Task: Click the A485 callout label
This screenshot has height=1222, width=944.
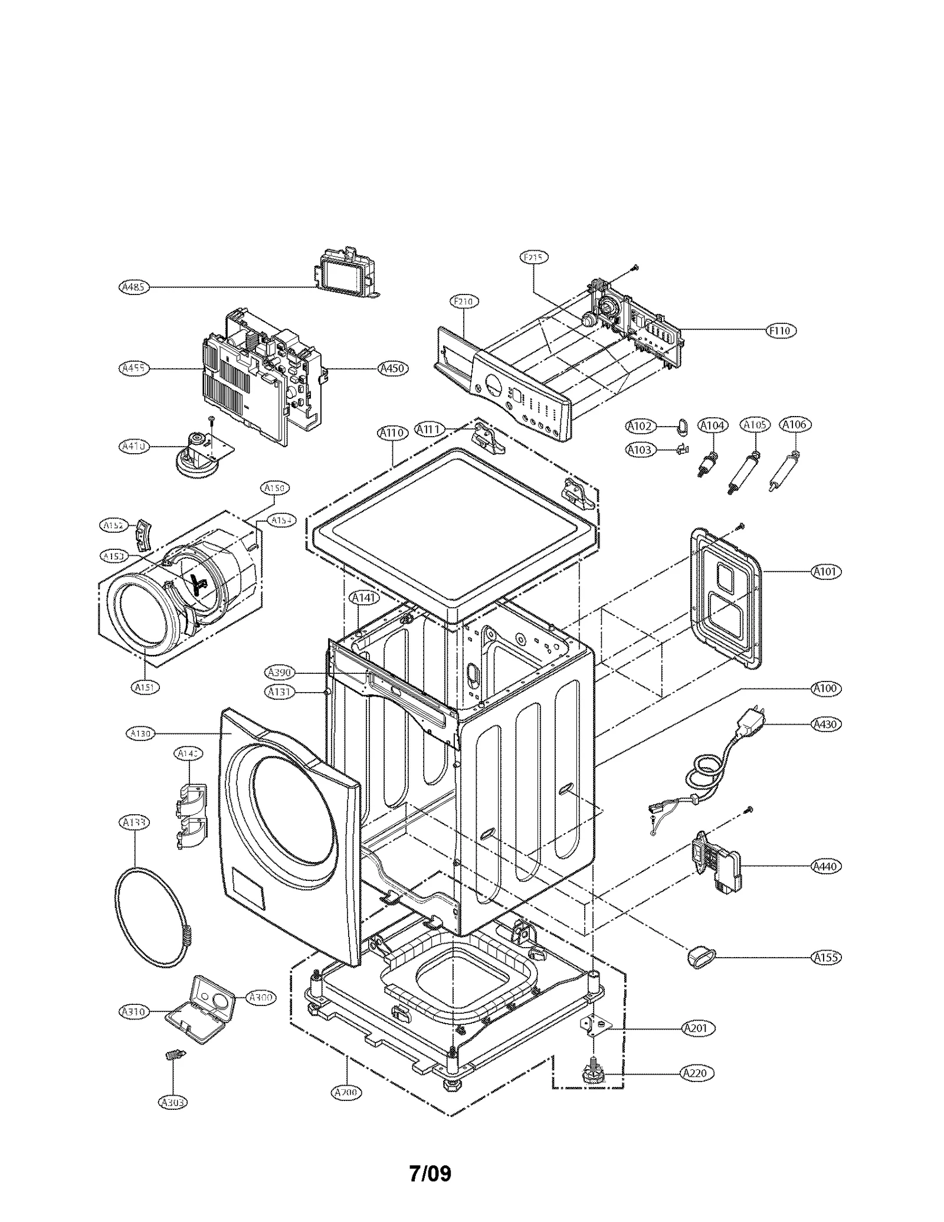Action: click(x=134, y=287)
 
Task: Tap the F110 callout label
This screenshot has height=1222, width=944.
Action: click(x=781, y=331)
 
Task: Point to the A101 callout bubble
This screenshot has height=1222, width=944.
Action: click(x=826, y=572)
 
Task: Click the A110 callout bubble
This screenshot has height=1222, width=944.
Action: click(x=392, y=433)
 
